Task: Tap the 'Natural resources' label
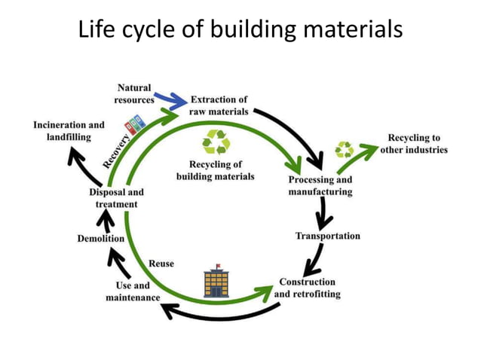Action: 134,93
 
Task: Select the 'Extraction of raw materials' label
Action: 219,105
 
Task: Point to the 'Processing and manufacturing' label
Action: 320,186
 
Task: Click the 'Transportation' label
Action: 327,236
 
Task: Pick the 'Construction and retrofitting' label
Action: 307,288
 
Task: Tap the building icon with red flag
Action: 216,283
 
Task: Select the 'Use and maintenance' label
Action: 133,291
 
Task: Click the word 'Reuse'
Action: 161,264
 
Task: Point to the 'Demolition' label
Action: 101,239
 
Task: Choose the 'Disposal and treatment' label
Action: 116,198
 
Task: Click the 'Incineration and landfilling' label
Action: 69,130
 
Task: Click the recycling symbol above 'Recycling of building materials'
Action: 216,142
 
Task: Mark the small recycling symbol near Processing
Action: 345,149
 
